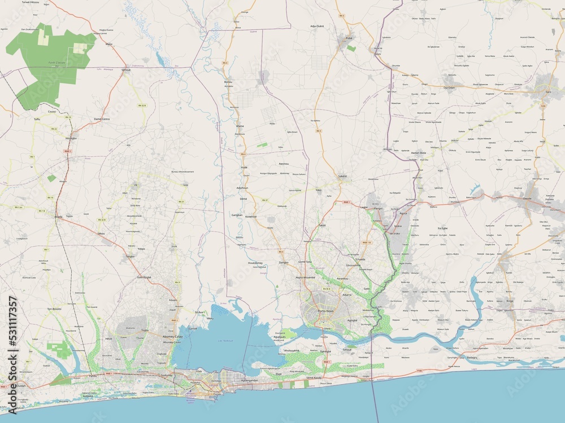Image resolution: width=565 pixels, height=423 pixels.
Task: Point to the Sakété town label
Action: pos(342,175)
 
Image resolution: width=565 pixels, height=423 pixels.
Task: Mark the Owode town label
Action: pos(528,199)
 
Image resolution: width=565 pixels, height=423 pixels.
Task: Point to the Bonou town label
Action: pos(228,82)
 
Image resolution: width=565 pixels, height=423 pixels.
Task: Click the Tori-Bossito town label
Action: pos(54,309)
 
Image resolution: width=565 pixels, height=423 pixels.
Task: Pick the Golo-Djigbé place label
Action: pos(144,277)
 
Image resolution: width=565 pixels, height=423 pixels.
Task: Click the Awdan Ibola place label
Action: pos(418,153)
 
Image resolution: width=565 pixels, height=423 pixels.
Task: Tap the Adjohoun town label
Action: pos(242,187)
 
